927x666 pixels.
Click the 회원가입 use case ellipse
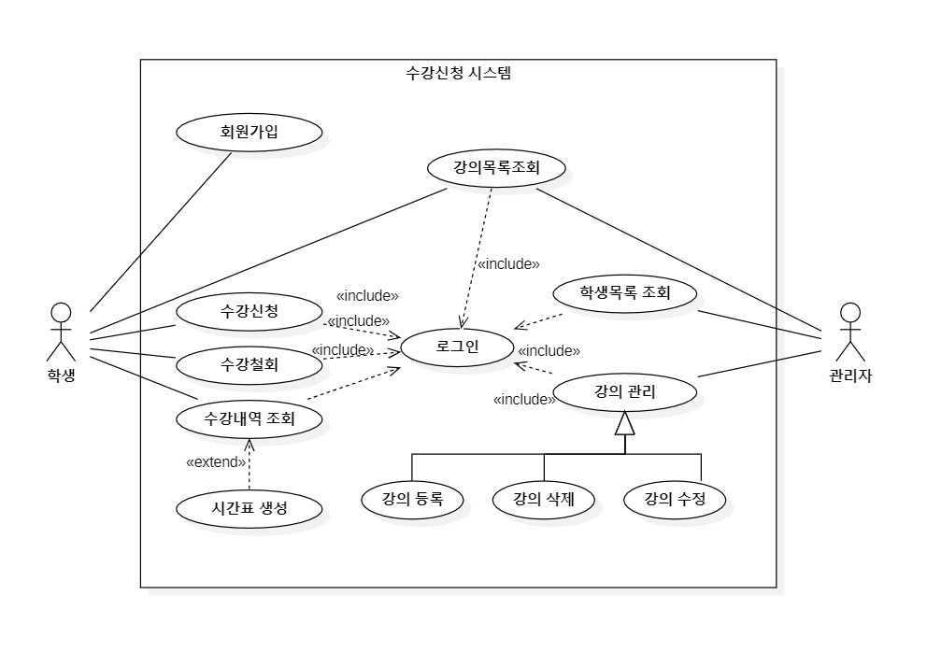coord(249,132)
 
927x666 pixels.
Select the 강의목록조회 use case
coord(496,168)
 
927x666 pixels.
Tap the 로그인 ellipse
coord(457,347)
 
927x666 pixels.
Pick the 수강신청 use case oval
coord(249,311)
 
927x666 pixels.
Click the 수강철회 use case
coord(249,364)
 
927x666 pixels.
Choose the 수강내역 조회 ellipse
coord(249,419)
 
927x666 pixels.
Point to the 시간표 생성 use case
coord(249,509)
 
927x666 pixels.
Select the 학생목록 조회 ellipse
coord(625,293)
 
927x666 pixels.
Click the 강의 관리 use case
coord(625,391)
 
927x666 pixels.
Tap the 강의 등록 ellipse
coord(412,500)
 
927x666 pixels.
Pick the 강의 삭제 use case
coord(543,500)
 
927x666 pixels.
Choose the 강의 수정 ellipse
coord(675,500)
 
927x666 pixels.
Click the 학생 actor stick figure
coord(61,332)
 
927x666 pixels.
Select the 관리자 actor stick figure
coord(850,332)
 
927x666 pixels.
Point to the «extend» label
coord(216,462)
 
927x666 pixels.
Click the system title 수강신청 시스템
coord(458,73)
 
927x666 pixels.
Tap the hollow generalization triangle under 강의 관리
coord(625,423)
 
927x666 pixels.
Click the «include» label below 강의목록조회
coord(508,264)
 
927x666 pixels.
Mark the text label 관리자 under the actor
coord(850,376)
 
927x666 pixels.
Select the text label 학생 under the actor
coord(61,376)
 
